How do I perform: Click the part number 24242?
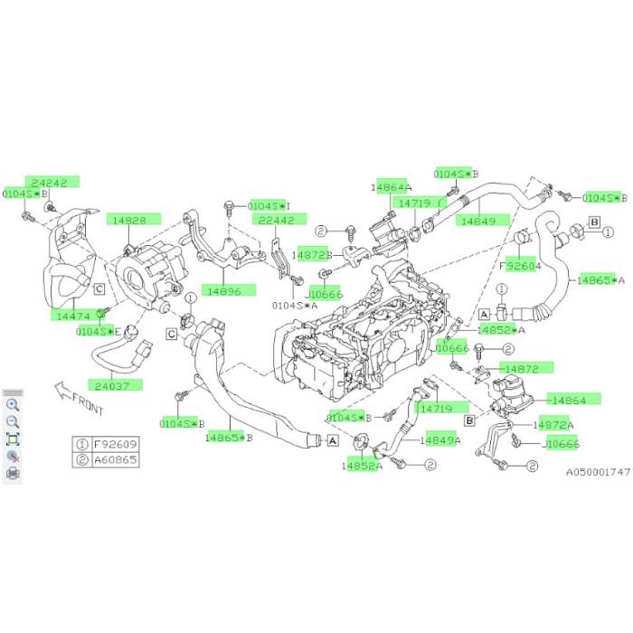tap(47, 182)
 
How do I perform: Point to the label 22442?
tap(277, 220)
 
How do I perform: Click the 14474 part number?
tap(73, 316)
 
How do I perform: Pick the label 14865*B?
tap(228, 437)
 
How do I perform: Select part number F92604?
tap(521, 267)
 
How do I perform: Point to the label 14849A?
tap(439, 440)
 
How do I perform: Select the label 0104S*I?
tap(269, 206)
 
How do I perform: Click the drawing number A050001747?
tap(596, 472)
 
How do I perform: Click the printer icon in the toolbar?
tap(13, 472)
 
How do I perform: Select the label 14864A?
tap(391, 186)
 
